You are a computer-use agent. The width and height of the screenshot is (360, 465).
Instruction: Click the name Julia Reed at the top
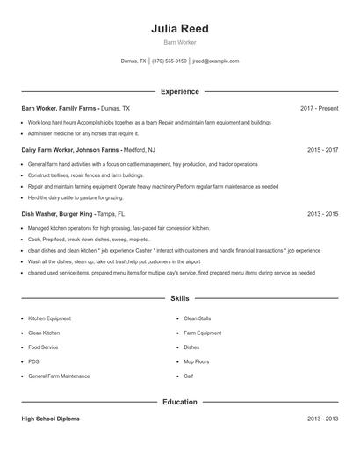pos(179,28)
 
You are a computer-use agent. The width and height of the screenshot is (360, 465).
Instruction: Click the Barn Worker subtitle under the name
pos(179,42)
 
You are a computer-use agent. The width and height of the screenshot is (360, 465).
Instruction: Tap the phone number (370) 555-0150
pos(169,61)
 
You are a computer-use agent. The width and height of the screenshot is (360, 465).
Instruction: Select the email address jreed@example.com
pos(215,61)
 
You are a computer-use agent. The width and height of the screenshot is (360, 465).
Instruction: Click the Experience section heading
pos(179,91)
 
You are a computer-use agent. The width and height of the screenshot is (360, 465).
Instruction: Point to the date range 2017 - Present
pos(319,108)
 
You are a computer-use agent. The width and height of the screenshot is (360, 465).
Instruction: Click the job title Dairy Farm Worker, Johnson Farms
pos(70,150)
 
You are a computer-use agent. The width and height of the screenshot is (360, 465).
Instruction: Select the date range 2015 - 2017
pos(322,150)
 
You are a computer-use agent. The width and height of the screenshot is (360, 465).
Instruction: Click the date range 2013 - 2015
pos(322,213)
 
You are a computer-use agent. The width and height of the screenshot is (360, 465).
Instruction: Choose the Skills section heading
pos(179,299)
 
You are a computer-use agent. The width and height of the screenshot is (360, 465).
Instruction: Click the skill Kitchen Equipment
pos(50,318)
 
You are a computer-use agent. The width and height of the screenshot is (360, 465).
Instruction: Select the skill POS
pos(33,361)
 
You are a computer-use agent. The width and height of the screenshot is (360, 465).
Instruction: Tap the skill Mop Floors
pos(196,361)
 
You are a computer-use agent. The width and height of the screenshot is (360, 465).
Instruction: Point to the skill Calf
pos(188,376)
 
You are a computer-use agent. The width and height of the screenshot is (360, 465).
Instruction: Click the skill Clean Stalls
pos(197,318)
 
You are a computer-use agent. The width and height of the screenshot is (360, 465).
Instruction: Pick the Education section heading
pos(179,402)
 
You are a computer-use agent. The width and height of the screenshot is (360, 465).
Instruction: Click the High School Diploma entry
pos(50,418)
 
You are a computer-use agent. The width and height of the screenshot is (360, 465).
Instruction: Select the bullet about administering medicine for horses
pos(83,133)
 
